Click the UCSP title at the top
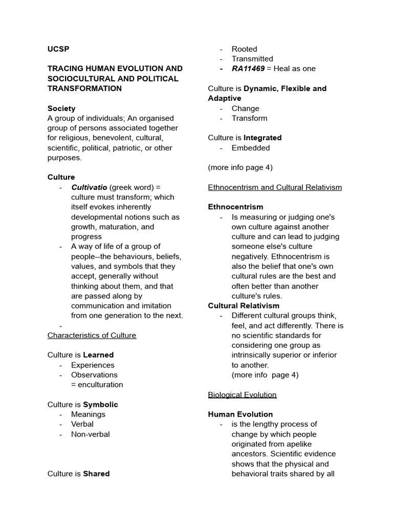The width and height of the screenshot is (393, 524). [58, 49]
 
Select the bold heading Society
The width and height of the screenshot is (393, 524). [61, 108]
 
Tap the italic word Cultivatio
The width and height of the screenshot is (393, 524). [89, 187]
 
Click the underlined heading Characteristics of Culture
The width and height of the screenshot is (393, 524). [92, 335]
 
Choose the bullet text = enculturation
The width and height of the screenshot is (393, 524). [97, 385]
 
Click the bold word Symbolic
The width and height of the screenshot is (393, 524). [100, 404]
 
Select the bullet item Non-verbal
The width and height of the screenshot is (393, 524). [90, 434]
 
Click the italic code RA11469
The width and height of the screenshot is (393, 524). [248, 69]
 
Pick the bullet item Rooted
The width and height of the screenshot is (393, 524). [244, 49]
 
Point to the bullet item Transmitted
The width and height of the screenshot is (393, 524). [252, 59]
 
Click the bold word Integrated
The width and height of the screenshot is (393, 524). [263, 138]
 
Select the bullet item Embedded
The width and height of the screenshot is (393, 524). [251, 148]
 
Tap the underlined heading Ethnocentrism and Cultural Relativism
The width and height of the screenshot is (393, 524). [275, 187]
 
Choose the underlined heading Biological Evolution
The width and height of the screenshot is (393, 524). [242, 395]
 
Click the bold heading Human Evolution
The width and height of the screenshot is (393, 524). [241, 414]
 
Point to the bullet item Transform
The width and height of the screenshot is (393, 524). [249, 118]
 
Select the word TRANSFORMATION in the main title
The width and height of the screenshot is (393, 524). [84, 89]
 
